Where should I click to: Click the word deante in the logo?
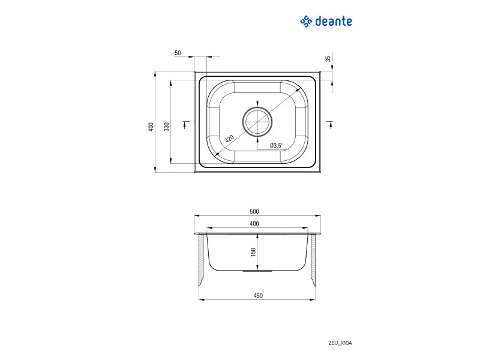pyautogui.click(x=334, y=22)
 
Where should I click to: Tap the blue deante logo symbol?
pyautogui.click(x=306, y=22)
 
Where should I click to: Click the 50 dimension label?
pyautogui.click(x=178, y=53)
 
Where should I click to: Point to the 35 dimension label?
pyautogui.click(x=328, y=58)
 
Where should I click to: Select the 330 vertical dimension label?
pyautogui.click(x=167, y=127)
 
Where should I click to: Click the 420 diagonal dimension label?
pyautogui.click(x=229, y=139)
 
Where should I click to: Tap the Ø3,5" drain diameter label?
pyautogui.click(x=277, y=145)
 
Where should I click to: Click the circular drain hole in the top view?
pyautogui.click(x=257, y=122)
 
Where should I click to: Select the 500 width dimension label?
pyautogui.click(x=254, y=211)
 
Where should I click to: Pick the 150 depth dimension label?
pyautogui.click(x=253, y=252)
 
